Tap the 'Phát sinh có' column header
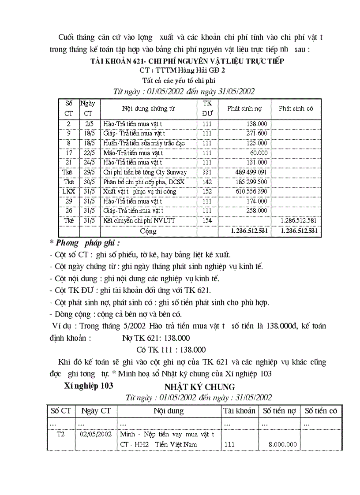[x=296, y=108]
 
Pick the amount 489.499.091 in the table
[x=247, y=172]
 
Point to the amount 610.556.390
[x=247, y=192]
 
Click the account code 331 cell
[x=207, y=172]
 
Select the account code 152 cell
[x=207, y=192]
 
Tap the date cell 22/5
[x=90, y=153]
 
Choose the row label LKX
[x=68, y=192]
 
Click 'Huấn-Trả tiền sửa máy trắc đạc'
[x=144, y=143]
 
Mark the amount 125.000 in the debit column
[x=256, y=143]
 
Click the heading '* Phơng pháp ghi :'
[x=85, y=243]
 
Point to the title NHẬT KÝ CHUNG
[x=199, y=387]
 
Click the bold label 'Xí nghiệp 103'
[x=89, y=385]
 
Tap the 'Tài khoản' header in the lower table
[x=239, y=411]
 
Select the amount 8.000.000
[x=282, y=444]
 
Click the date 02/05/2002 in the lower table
[x=96, y=434]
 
